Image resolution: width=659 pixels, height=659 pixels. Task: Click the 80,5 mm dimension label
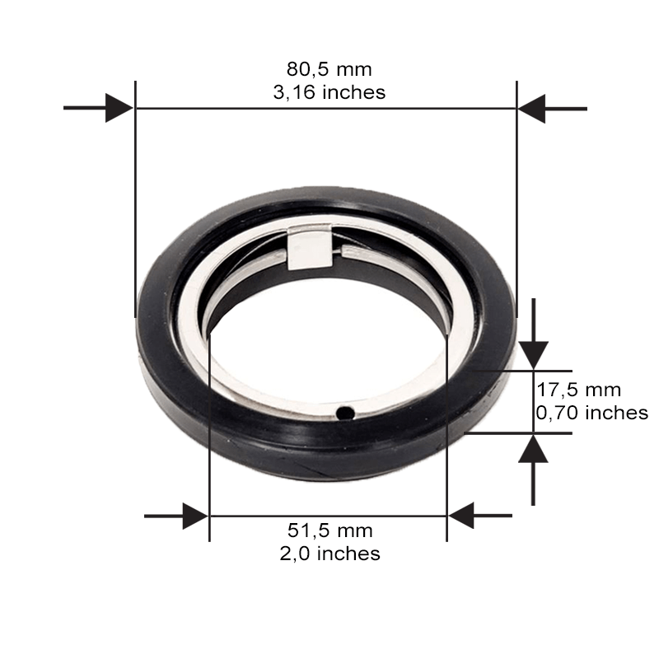329,69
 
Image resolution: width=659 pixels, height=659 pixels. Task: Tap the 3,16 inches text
329,92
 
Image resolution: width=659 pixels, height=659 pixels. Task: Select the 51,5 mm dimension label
330,530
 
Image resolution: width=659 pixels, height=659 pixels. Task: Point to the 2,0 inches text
330,554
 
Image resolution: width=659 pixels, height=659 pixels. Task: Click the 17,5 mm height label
579,390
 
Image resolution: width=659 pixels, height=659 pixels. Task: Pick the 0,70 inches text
592,413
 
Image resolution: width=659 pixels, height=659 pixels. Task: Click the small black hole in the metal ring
345,414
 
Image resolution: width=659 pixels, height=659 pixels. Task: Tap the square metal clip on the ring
309,248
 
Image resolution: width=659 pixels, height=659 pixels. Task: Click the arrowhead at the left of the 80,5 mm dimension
119,108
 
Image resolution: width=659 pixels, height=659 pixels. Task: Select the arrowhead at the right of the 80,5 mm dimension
531,109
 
